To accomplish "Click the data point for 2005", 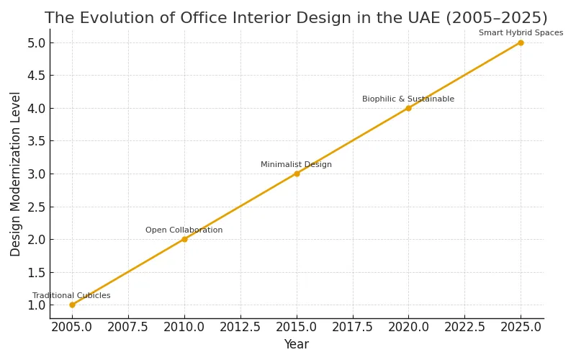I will [x=72, y=305].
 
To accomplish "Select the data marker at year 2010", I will [x=184, y=239].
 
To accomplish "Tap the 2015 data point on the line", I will [x=297, y=174].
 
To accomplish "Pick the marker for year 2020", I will [x=408, y=108].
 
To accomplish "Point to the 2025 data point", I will [x=521, y=42].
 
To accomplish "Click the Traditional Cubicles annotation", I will [x=71, y=296].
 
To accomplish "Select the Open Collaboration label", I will [x=184, y=230].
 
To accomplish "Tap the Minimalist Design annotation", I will [x=296, y=165].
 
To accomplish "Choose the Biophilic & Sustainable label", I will [x=408, y=99].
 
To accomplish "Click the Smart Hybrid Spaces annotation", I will [x=521, y=33].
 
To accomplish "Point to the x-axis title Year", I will [x=296, y=345].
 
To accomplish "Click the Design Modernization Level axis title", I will [x=16, y=174].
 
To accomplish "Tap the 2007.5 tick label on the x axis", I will [x=128, y=327].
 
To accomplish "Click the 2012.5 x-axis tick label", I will [x=240, y=327].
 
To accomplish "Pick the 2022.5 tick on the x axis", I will [x=464, y=327].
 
